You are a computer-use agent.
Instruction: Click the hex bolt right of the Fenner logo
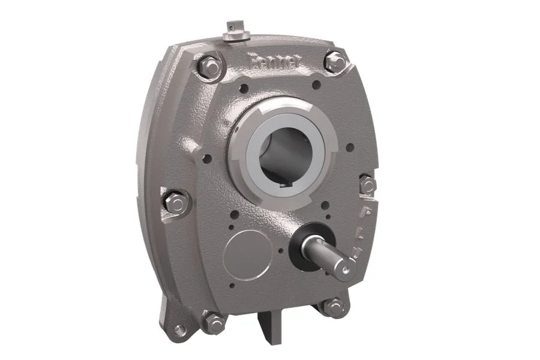point(335,61)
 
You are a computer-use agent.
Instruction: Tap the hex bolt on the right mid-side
point(367,184)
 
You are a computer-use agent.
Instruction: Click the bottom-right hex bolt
point(335,307)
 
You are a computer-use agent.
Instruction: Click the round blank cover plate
point(245,253)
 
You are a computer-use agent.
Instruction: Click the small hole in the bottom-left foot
point(179,329)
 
